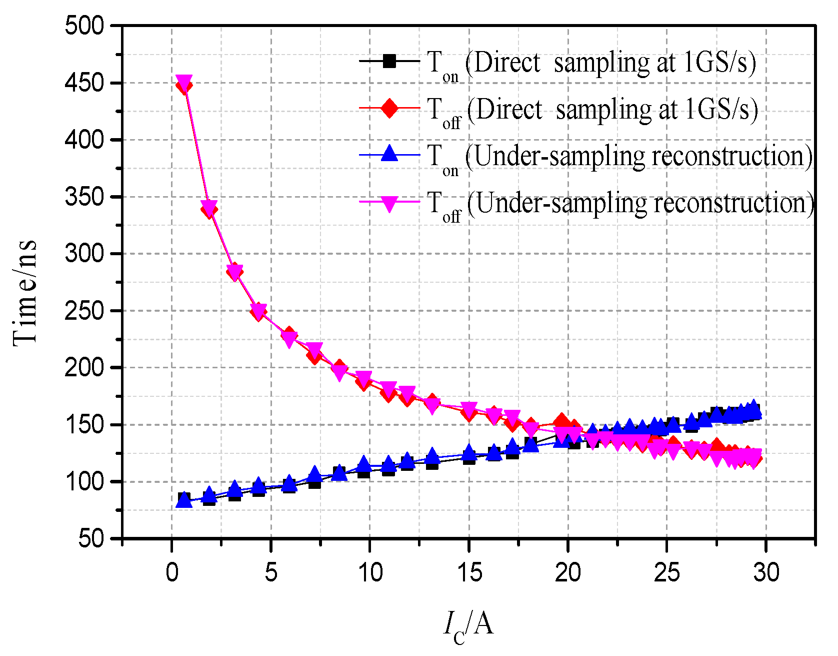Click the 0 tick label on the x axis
172,572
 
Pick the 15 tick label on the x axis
469,572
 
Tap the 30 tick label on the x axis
765,572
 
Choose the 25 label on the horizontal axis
666,572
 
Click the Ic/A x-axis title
468,625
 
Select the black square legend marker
389,61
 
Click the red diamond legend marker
389,108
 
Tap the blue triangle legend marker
389,154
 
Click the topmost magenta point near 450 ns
184,82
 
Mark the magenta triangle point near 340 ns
209,207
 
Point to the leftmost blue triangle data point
184,500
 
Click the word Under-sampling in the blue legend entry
560,156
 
